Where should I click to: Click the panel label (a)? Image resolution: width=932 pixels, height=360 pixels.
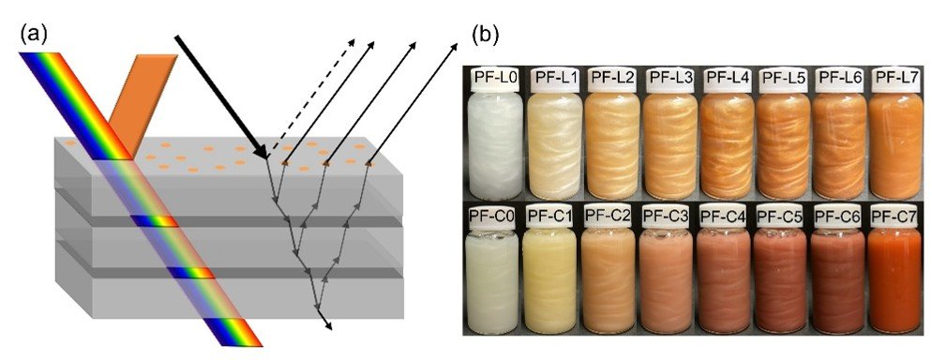tap(34, 35)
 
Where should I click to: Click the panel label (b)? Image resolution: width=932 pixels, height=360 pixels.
tap(485, 34)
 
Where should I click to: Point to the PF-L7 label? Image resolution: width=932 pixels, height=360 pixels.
tap(895, 77)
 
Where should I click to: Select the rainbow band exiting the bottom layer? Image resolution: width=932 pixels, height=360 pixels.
tap(232, 332)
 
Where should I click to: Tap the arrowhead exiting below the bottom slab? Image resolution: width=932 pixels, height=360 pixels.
tap(328, 323)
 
